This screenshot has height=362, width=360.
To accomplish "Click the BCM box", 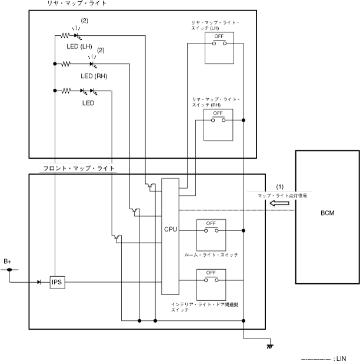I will coord(327,216).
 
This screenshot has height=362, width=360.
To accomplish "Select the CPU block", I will coord(169,237).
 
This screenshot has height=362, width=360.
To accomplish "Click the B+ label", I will coord(8,261).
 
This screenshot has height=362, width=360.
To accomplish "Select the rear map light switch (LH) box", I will coord(218,48).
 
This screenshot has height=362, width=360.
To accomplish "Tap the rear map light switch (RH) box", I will coord(218,123).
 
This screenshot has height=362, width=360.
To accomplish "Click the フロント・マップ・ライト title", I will coord(78,168).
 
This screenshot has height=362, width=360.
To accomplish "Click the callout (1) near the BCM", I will coord(280,187).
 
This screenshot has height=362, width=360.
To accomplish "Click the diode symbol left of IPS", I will coord(39,282).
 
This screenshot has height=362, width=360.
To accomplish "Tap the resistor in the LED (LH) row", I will coord(65,36).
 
